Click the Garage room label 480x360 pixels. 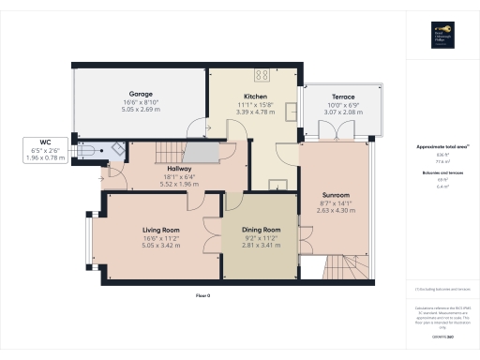[141, 94]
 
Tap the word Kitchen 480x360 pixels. [256, 97]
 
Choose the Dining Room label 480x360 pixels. [262, 230]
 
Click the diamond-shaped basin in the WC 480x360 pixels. [116, 146]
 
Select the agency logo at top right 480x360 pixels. [440, 37]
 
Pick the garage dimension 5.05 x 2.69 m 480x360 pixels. [141, 109]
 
